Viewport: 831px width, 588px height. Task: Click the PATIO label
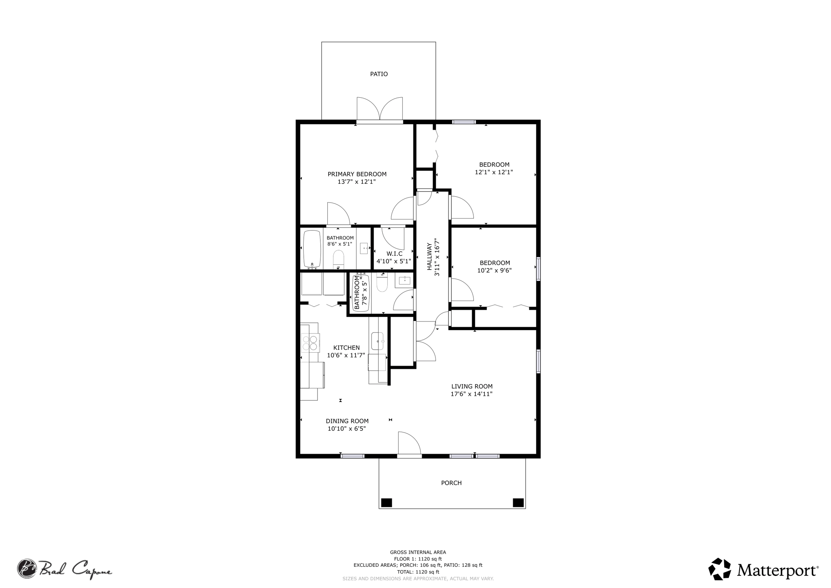click(379, 74)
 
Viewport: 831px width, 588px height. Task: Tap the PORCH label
click(451, 483)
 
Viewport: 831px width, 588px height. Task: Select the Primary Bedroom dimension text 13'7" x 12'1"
click(357, 182)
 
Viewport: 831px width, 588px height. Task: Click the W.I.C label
click(394, 254)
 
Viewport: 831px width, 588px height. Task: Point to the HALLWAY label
click(430, 257)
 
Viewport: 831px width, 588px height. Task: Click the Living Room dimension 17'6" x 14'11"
click(472, 394)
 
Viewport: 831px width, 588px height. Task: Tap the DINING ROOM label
click(347, 421)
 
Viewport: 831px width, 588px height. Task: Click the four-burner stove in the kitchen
click(310, 343)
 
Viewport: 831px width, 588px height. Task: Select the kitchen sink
click(378, 341)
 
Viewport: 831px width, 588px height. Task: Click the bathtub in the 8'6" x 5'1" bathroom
click(312, 249)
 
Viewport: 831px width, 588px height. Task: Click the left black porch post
click(386, 502)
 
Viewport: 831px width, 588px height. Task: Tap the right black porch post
click(518, 502)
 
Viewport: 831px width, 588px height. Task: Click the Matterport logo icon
click(720, 569)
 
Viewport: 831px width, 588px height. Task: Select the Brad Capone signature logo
click(64, 568)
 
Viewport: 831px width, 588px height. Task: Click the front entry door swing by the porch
click(410, 443)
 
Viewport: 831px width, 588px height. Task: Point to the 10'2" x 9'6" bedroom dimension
click(494, 270)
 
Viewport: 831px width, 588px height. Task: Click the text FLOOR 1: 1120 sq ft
click(418, 559)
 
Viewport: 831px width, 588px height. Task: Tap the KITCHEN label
click(347, 348)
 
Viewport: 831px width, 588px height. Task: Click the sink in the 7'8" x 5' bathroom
click(404, 281)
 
